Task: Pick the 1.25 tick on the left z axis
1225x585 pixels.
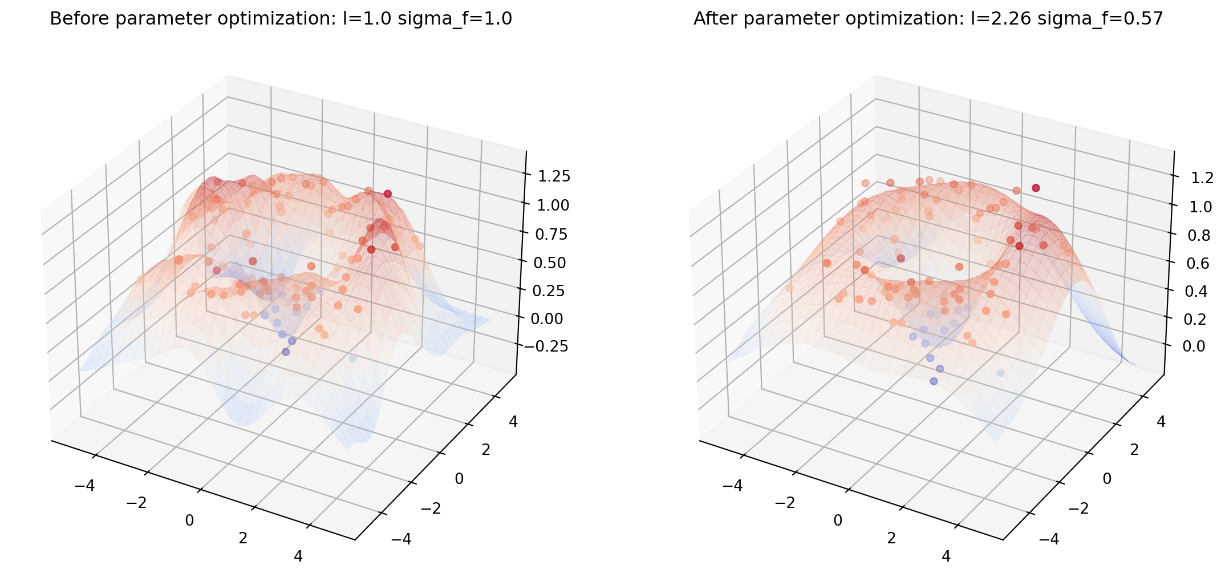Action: tap(554, 176)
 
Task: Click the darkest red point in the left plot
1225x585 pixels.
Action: tap(388, 194)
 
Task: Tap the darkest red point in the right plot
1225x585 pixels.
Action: tap(1036, 188)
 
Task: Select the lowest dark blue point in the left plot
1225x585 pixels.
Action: tap(286, 352)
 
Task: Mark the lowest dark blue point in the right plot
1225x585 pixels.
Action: tap(934, 381)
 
